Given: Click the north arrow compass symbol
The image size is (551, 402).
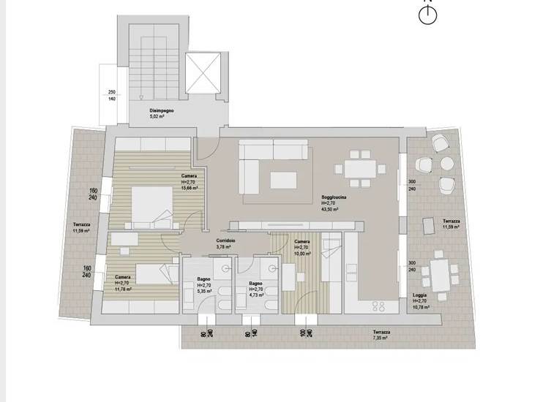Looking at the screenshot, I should [428, 15].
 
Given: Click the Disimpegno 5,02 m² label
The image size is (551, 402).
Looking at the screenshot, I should [162, 113].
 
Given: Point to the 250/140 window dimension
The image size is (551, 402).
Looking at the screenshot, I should [112, 95].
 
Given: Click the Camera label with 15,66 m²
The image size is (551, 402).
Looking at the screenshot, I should [191, 182].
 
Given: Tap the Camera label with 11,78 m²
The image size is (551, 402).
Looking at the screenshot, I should [124, 283].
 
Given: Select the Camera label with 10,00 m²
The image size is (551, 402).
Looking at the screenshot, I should [302, 247].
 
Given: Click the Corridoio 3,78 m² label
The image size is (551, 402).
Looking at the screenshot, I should [225, 243].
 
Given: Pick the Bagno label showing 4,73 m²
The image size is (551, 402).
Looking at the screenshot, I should [256, 289].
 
